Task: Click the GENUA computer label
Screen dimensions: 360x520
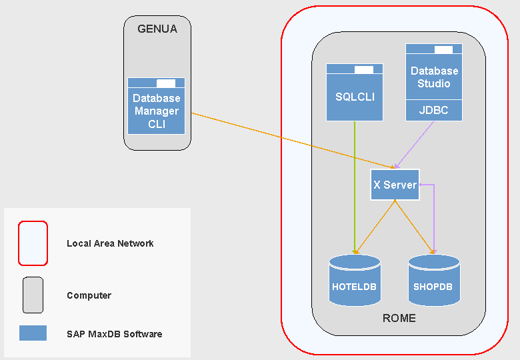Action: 157,29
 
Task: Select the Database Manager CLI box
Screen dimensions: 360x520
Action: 156,111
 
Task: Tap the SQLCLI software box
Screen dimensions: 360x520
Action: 355,97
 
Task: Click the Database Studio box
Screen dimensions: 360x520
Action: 434,77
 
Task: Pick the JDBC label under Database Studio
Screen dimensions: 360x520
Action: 434,111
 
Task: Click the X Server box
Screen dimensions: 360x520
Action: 395,185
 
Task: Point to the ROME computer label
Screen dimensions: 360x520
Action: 399,318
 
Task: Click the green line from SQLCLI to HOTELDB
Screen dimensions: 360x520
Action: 354,187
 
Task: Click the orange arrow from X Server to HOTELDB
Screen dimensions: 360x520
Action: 376,227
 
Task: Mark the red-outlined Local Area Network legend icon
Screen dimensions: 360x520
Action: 33,243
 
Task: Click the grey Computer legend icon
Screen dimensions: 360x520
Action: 33,295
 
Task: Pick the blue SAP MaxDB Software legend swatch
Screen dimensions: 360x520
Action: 33,333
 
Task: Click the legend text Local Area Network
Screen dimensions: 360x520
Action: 110,243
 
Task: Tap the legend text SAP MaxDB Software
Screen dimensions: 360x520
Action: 114,334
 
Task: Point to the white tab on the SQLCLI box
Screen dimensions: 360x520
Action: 364,70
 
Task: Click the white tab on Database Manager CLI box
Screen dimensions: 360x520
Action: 166,83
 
